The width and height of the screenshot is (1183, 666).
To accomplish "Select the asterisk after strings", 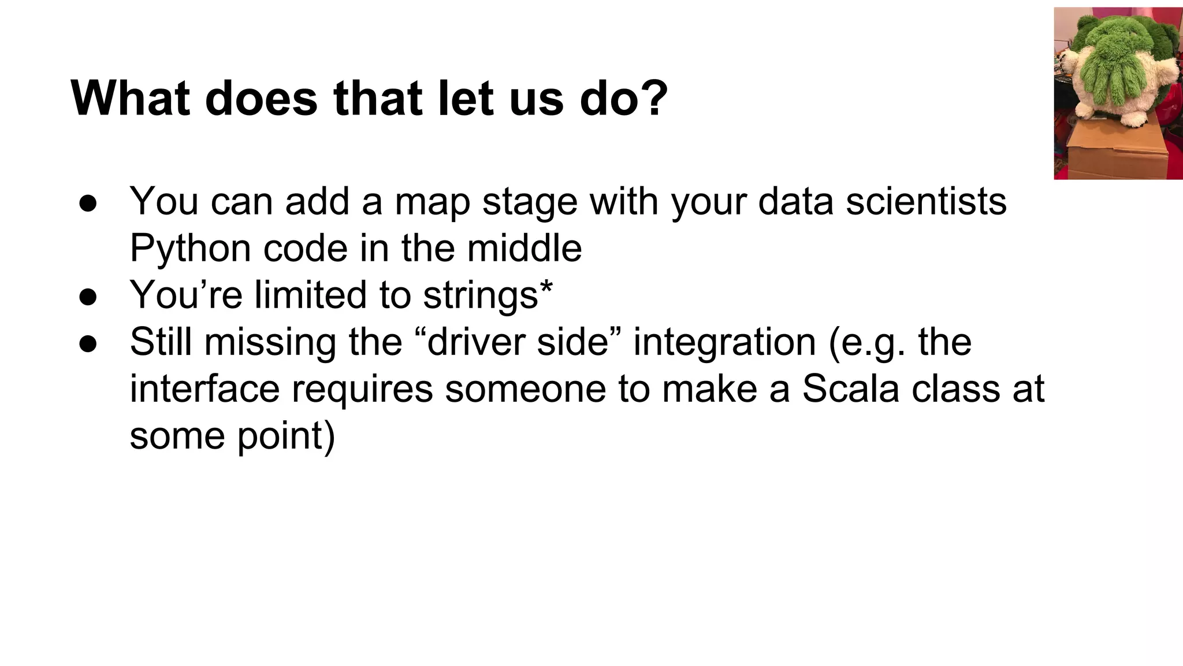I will pyautogui.click(x=546, y=287).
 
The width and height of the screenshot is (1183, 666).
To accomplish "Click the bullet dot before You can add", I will pyautogui.click(x=88, y=203).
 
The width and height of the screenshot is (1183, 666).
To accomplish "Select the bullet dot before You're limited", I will pyautogui.click(x=88, y=297).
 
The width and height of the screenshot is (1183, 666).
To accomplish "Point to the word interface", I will pyautogui.click(x=204, y=388).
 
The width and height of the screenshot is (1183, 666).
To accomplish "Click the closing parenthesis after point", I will pyautogui.click(x=329, y=436).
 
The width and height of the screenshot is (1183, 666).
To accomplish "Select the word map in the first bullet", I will pyautogui.click(x=432, y=202).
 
